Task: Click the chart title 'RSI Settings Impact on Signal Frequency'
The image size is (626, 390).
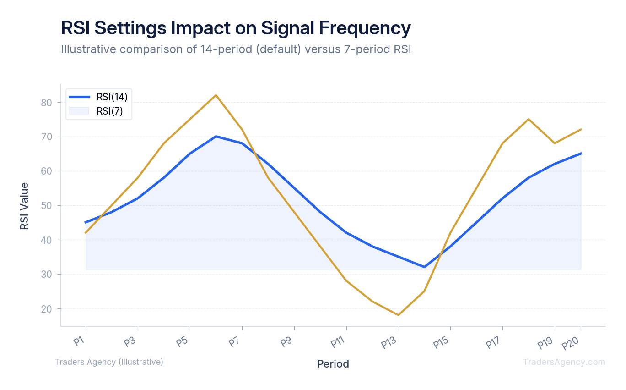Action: [236, 28]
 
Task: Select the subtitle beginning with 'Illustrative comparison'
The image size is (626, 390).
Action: [236, 49]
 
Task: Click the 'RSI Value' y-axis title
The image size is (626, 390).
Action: [24, 206]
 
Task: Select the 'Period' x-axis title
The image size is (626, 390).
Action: [333, 364]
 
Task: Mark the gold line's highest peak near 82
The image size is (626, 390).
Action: [216, 95]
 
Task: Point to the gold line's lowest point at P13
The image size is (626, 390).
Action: [398, 315]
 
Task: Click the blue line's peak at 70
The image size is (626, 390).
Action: [216, 136]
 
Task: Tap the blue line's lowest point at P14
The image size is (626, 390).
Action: [424, 267]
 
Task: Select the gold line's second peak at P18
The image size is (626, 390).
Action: [529, 119]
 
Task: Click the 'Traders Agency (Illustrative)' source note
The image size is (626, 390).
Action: [109, 362]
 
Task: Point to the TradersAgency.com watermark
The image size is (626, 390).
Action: [564, 362]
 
